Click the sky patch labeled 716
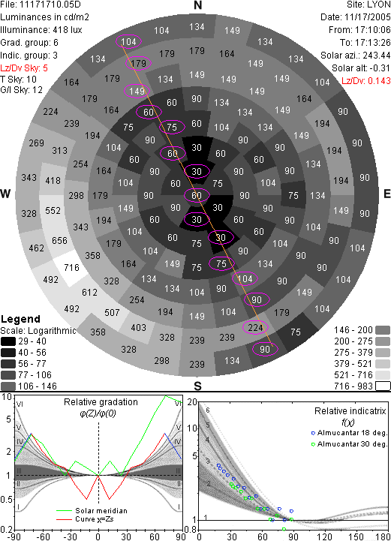pos(71,268)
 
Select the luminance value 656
pos(59,240)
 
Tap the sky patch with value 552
pos(53,210)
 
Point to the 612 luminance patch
pos(89,292)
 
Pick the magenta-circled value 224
pos(255,327)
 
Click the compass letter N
pos(197,5)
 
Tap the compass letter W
pos(5,194)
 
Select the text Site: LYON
pos(368,5)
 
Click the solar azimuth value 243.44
pos(374,56)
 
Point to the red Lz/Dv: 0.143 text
pos(365,81)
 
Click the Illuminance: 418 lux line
pos(41,30)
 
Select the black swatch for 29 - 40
pos(8,341)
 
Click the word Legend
pos(21,319)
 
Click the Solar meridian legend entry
pos(92,511)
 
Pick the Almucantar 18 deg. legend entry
pos(349,433)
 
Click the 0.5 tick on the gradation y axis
pos(7,500)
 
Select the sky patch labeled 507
pos(112,313)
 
